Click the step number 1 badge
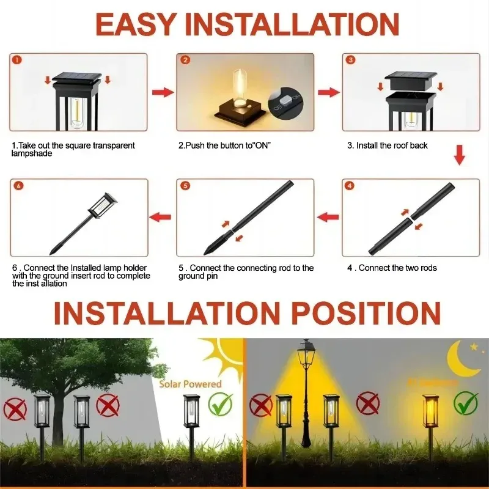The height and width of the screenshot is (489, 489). pyautogui.click(x=16, y=61)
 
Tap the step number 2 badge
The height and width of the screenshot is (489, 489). pyautogui.click(x=185, y=61)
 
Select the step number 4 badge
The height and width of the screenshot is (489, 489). pyautogui.click(x=350, y=185)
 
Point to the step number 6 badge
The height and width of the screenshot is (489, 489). pyautogui.click(x=18, y=185)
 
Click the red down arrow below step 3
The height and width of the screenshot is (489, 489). pyautogui.click(x=459, y=155)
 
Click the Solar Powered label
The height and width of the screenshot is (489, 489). pyautogui.click(x=190, y=384)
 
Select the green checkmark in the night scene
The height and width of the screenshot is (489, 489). pyautogui.click(x=466, y=403)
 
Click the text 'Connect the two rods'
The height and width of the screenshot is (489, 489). pyautogui.click(x=397, y=268)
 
